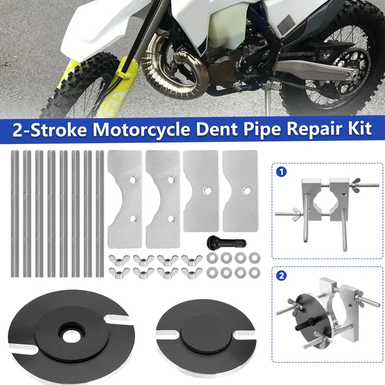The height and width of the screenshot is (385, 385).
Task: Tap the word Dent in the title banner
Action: (211, 129)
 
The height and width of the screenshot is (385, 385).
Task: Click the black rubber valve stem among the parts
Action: (216, 242)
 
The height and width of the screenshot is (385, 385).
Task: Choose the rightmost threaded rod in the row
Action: (100, 213)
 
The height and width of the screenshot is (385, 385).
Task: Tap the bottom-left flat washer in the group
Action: (211, 273)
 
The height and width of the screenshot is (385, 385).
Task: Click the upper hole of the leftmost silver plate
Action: (133, 180)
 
